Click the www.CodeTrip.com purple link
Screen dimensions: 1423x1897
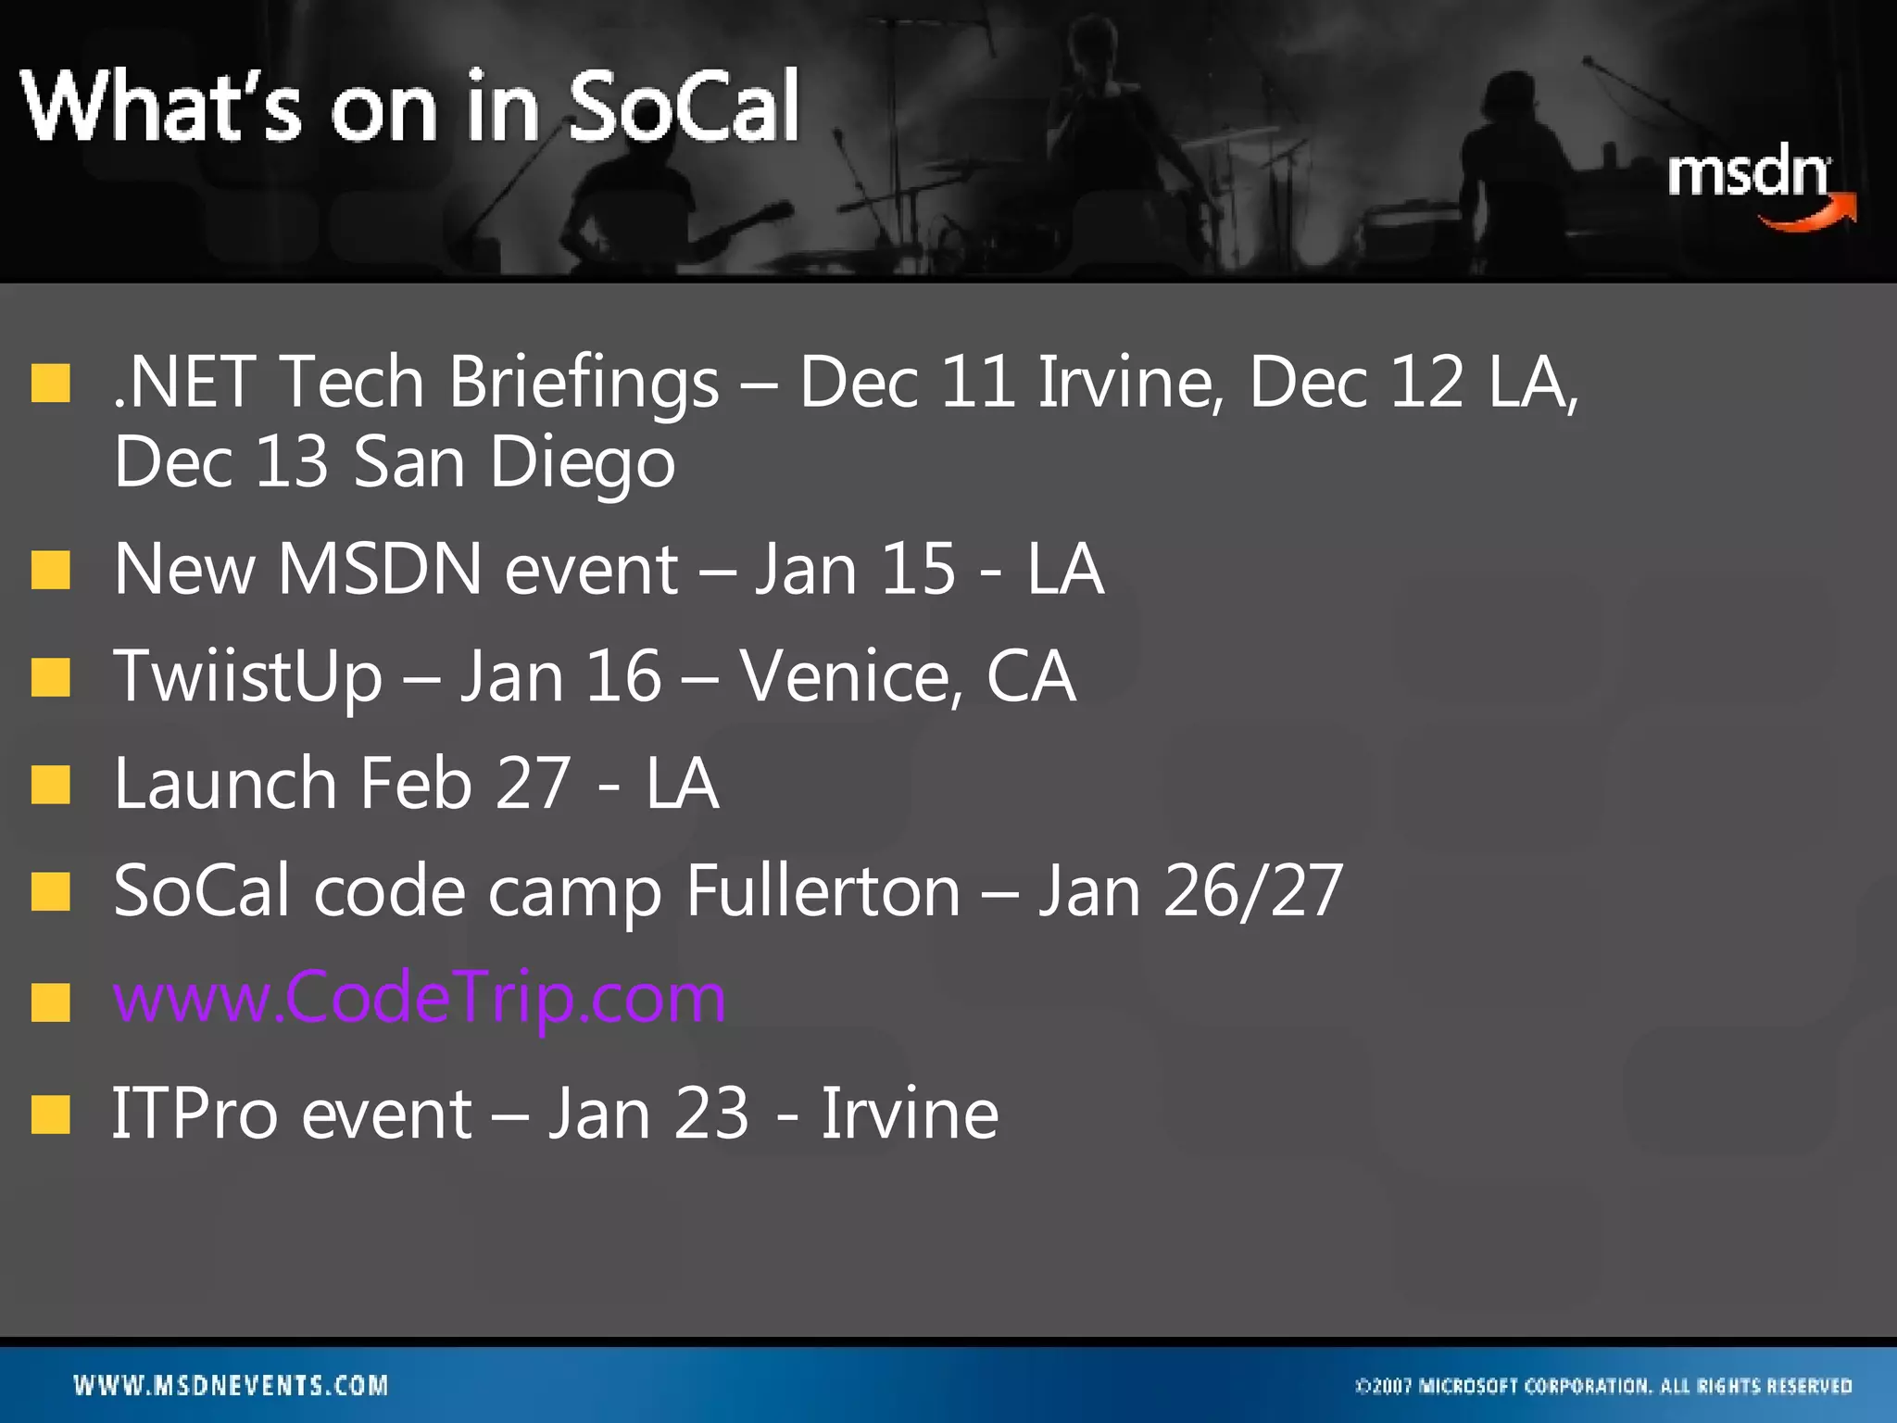(x=420, y=998)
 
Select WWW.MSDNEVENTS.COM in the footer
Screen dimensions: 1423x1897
(x=231, y=1386)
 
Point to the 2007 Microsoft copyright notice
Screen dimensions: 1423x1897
(x=1603, y=1386)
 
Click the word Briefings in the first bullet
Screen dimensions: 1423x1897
(x=584, y=383)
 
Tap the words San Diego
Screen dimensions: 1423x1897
(x=514, y=461)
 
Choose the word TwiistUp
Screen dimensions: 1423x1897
(x=247, y=676)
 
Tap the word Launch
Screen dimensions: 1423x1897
(x=225, y=784)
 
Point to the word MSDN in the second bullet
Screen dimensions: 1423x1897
(x=380, y=569)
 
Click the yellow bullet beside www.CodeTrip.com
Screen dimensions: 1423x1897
(x=50, y=1001)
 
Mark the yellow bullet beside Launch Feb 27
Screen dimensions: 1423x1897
(x=50, y=785)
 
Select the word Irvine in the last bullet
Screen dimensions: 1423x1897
(x=910, y=1113)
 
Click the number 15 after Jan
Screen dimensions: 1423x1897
(x=917, y=569)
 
